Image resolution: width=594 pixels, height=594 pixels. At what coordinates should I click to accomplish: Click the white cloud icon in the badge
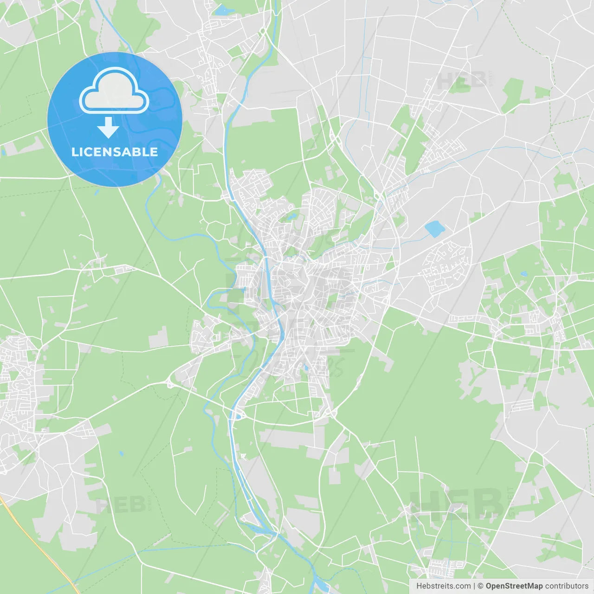(114, 91)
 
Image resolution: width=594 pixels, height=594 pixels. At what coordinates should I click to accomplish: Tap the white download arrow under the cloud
(109, 128)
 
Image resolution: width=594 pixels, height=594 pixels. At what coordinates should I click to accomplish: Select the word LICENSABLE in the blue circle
(115, 152)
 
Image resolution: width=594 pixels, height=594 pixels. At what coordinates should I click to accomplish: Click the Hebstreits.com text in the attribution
(443, 586)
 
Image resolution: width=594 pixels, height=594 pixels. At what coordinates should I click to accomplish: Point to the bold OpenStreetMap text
(514, 586)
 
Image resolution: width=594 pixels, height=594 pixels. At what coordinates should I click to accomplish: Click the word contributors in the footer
(567, 586)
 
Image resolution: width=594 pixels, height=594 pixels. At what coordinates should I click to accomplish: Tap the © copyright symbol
(481, 586)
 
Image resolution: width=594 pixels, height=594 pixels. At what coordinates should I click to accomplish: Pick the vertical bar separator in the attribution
(474, 586)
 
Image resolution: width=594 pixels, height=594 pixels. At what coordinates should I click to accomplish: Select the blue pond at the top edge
(225, 10)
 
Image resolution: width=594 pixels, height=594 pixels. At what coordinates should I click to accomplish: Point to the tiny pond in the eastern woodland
(524, 274)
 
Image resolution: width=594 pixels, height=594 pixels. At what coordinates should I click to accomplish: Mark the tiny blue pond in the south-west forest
(121, 453)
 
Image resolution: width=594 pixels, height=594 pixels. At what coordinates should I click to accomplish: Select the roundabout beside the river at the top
(262, 32)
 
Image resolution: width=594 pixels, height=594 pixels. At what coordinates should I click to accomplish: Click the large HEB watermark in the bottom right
(457, 504)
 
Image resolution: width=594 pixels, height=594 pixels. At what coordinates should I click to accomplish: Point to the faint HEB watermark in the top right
(462, 80)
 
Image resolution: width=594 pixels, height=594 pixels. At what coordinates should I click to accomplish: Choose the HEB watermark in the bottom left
(121, 504)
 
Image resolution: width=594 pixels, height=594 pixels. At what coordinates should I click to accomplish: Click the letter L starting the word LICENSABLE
(75, 152)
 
